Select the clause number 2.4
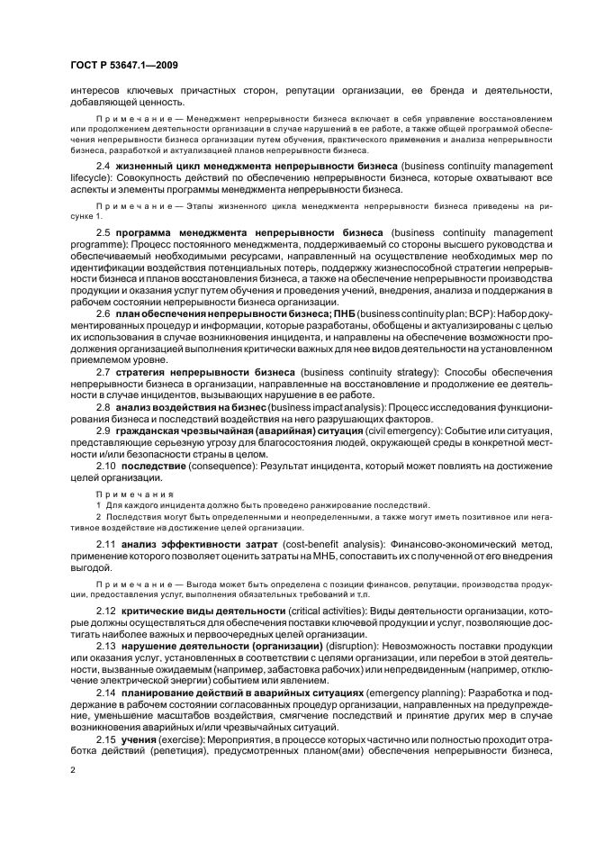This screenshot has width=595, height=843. pos(103,168)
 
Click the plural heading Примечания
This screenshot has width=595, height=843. pos(127,494)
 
